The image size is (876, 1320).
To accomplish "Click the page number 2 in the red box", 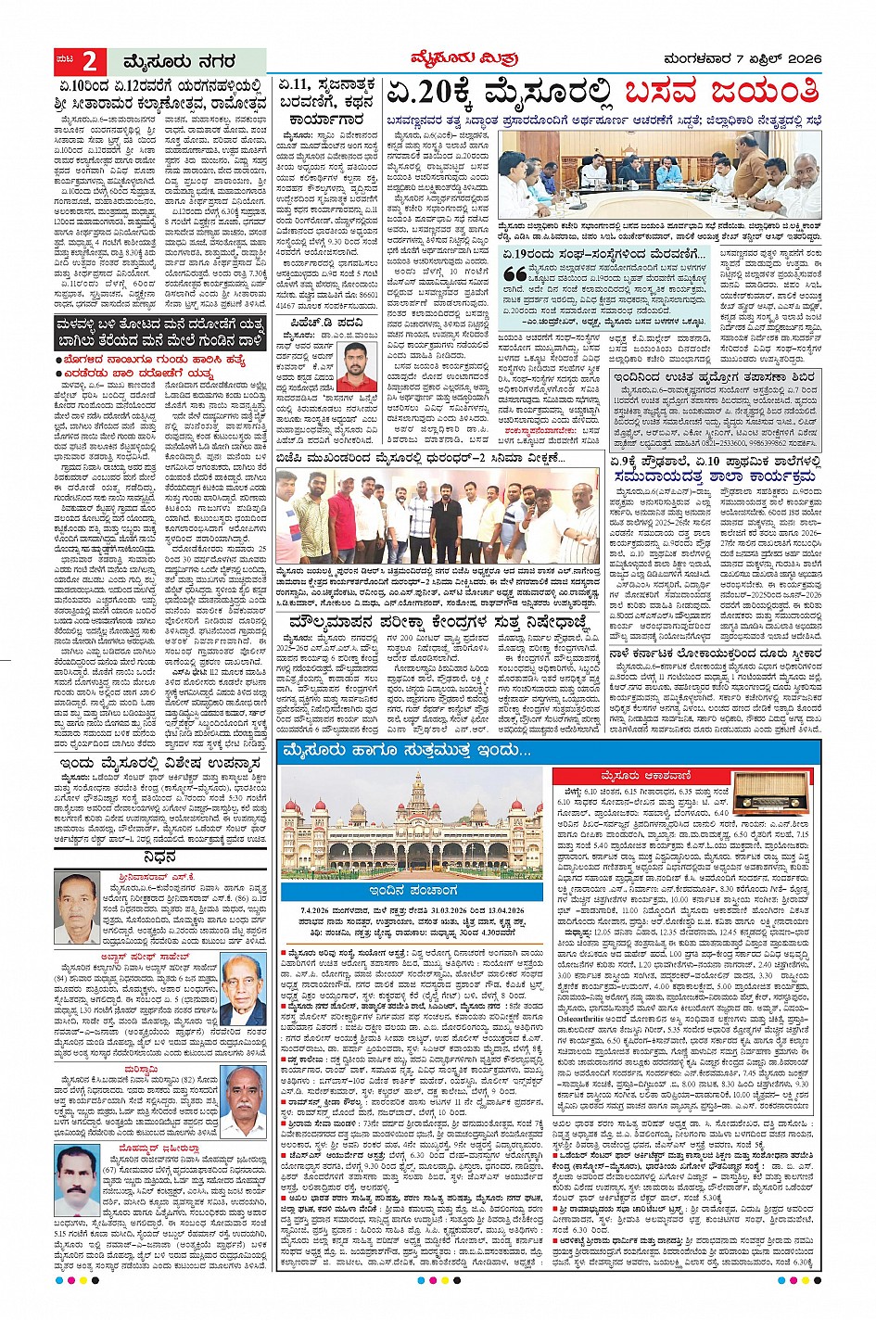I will click(x=90, y=62).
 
